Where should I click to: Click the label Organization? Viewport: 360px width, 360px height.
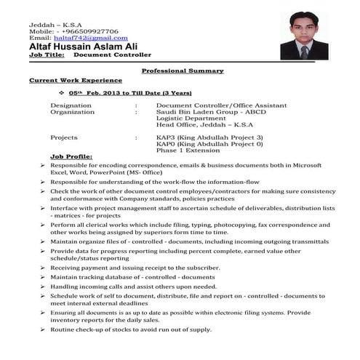72,113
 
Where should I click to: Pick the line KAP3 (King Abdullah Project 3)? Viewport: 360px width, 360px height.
209,137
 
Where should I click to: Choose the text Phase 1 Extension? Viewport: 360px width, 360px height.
188,150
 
